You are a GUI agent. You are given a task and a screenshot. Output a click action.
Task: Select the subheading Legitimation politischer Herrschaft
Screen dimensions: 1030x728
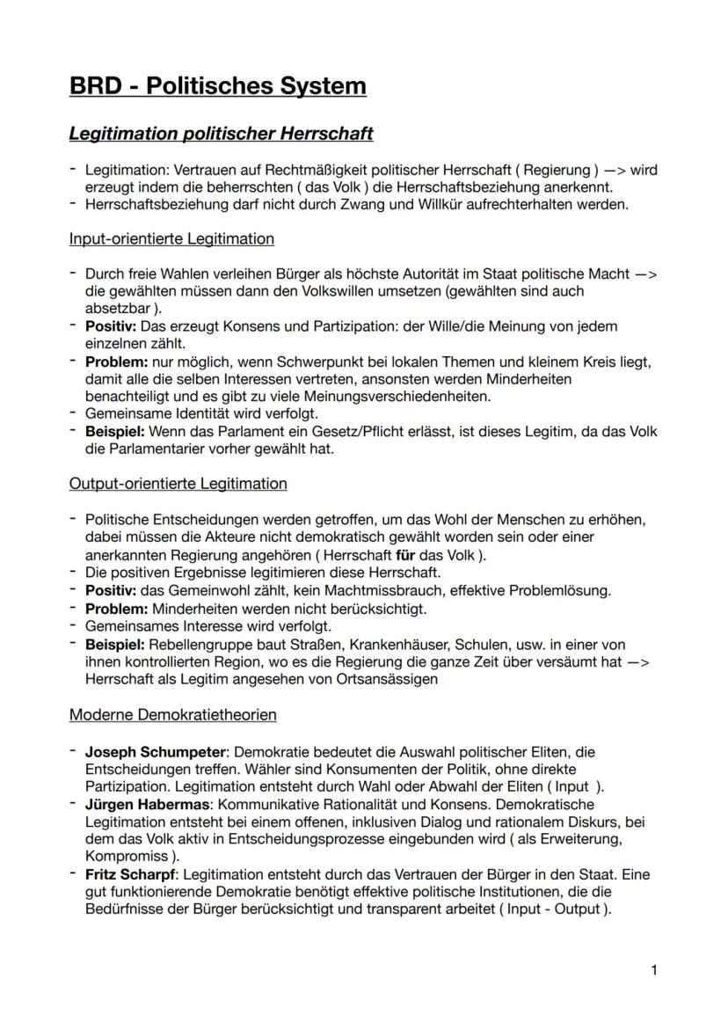[221, 134]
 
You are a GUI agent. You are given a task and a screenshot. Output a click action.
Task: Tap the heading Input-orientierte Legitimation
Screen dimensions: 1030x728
[171, 238]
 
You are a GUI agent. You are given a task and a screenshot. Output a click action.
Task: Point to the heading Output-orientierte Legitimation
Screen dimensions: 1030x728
[178, 483]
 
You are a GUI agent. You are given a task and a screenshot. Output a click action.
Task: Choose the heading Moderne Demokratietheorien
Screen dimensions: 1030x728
[172, 714]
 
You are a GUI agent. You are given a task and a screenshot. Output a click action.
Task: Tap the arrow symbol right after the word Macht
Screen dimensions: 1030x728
[645, 274]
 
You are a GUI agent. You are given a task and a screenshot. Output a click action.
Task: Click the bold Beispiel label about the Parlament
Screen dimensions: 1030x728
[115, 431]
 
